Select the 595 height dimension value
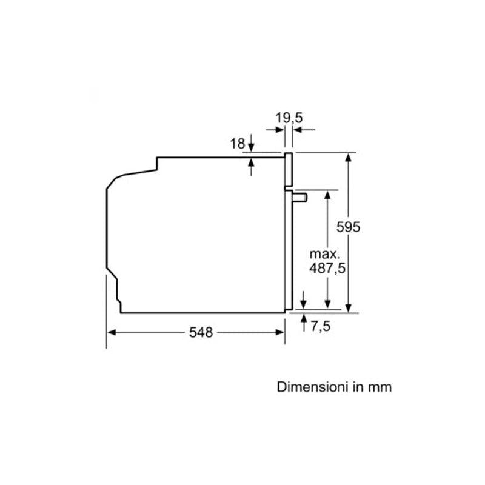pyautogui.click(x=349, y=227)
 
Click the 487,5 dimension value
pyautogui.click(x=327, y=268)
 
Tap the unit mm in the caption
pyautogui.click(x=380, y=387)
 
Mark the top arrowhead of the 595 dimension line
pyautogui.click(x=349, y=157)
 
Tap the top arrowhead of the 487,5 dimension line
pyautogui.click(x=327, y=193)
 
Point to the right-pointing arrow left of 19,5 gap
pyautogui.click(x=280, y=129)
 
